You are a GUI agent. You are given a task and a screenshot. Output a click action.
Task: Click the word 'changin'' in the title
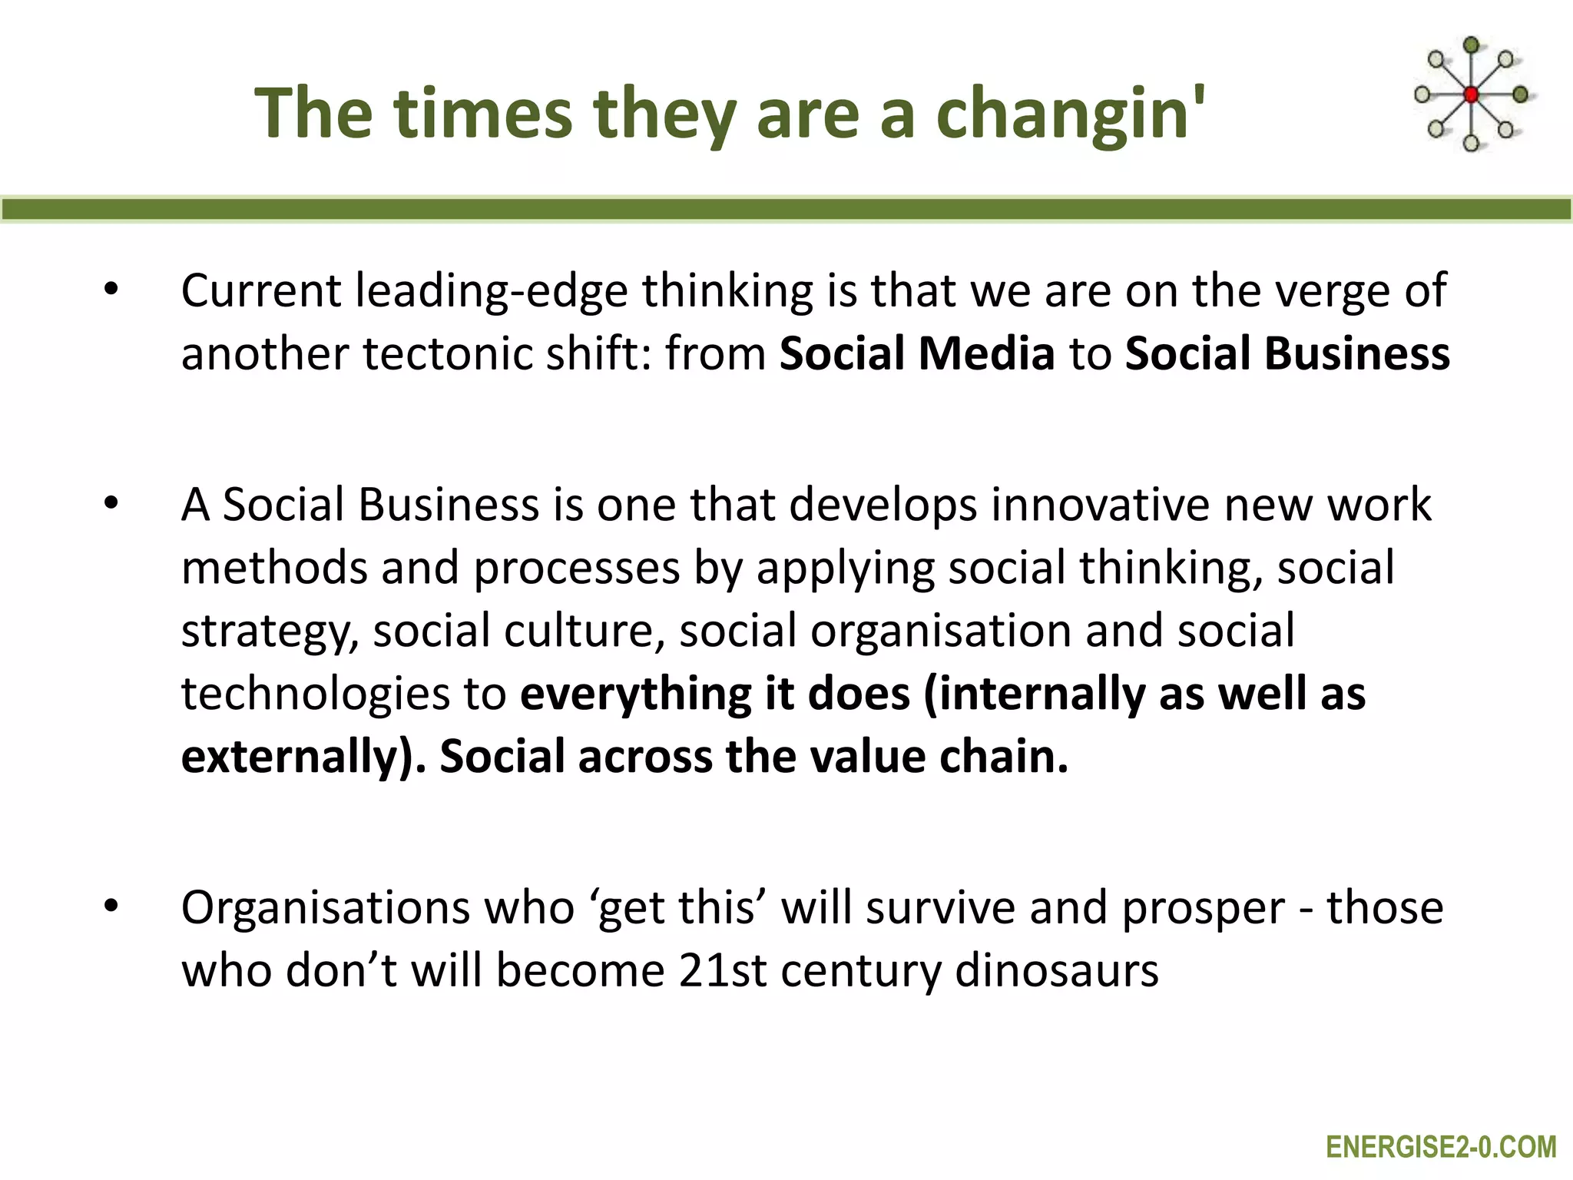coord(1070,114)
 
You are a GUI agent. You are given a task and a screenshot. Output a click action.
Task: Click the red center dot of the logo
coord(1471,95)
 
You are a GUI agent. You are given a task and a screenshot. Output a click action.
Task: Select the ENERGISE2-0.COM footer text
coord(1440,1147)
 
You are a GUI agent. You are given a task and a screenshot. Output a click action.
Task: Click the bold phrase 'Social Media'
coord(916,353)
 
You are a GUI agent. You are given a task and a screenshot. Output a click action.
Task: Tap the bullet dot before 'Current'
coord(111,290)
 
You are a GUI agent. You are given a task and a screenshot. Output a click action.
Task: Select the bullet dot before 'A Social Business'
coord(111,504)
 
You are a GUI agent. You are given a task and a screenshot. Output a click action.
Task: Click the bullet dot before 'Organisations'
coord(111,907)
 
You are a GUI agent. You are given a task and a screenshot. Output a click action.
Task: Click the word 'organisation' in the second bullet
coord(941,631)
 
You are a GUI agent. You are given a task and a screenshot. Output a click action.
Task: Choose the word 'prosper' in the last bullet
coord(1202,909)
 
